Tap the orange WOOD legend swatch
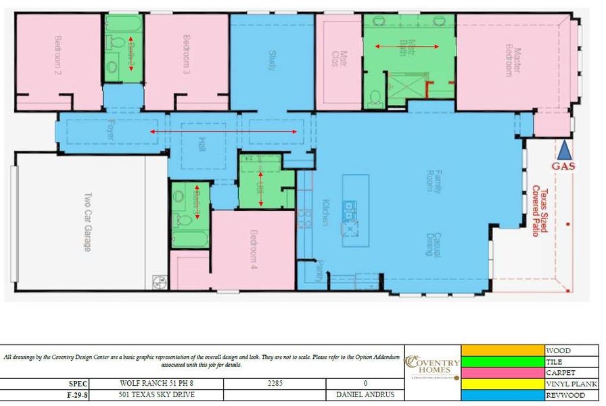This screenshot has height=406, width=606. coord(503,351)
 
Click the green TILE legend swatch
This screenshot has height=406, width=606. coord(503,361)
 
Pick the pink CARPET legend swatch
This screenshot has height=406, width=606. coord(503,372)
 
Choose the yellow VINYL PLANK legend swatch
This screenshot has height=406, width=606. coord(503,384)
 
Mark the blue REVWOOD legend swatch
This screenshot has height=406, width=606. coord(503,394)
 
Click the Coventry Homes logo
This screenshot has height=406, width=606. coord(432,366)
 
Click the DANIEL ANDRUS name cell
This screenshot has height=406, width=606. coord(365,394)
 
